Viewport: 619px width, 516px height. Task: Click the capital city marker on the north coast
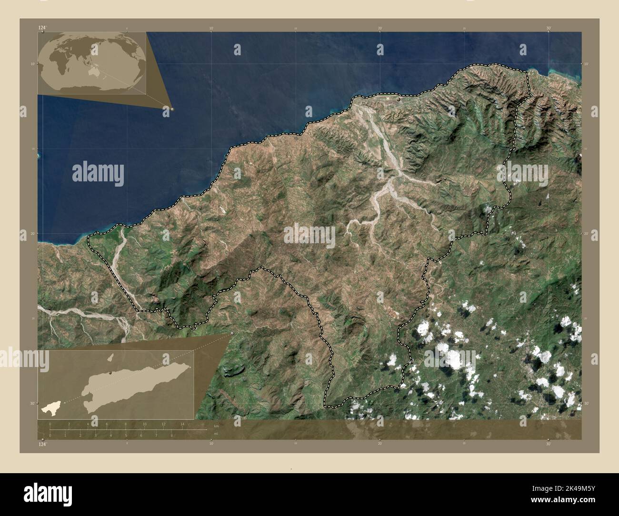(399, 100)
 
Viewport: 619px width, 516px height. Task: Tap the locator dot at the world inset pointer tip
(172, 109)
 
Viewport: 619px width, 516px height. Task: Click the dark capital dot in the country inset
(110, 373)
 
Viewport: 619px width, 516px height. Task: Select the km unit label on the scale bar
(216, 425)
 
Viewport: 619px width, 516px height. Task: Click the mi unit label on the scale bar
(216, 434)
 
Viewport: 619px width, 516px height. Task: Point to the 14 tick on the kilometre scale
(182, 424)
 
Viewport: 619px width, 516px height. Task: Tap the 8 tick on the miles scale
(172, 435)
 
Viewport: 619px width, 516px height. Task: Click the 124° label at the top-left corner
(42, 28)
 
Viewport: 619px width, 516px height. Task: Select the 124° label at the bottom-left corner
(42, 445)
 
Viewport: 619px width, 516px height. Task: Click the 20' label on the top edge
(379, 28)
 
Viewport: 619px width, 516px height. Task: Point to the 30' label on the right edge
(586, 403)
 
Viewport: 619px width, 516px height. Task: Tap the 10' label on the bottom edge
(211, 444)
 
